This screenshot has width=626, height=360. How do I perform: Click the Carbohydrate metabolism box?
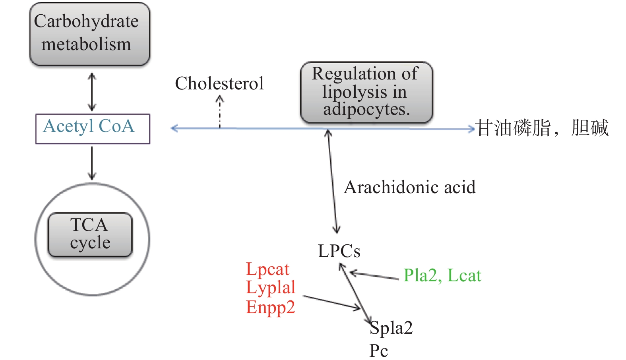[x=89, y=34]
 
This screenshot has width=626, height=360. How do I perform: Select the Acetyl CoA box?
[x=92, y=128]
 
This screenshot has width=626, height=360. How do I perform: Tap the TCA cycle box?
[x=90, y=234]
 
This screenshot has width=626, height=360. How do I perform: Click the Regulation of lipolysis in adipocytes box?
[x=366, y=92]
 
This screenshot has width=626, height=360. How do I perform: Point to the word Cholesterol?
[x=219, y=83]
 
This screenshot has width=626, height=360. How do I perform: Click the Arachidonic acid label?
[x=409, y=187]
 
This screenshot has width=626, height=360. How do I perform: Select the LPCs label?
[x=339, y=251]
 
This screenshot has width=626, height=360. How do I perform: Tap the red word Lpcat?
[x=267, y=269]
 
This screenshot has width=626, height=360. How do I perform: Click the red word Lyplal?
[x=271, y=288]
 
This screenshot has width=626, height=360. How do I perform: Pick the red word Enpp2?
[x=271, y=307]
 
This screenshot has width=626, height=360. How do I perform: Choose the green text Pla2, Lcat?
[x=442, y=275]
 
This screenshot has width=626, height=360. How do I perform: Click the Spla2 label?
[x=391, y=328]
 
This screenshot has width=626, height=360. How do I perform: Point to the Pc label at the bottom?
[x=378, y=350]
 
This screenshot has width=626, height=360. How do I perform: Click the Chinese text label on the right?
[x=542, y=128]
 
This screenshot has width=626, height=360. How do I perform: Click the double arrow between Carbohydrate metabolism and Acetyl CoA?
[x=92, y=91]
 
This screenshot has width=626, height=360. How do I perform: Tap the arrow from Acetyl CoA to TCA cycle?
[x=92, y=163]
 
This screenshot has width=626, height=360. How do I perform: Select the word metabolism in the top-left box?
[x=86, y=45]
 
